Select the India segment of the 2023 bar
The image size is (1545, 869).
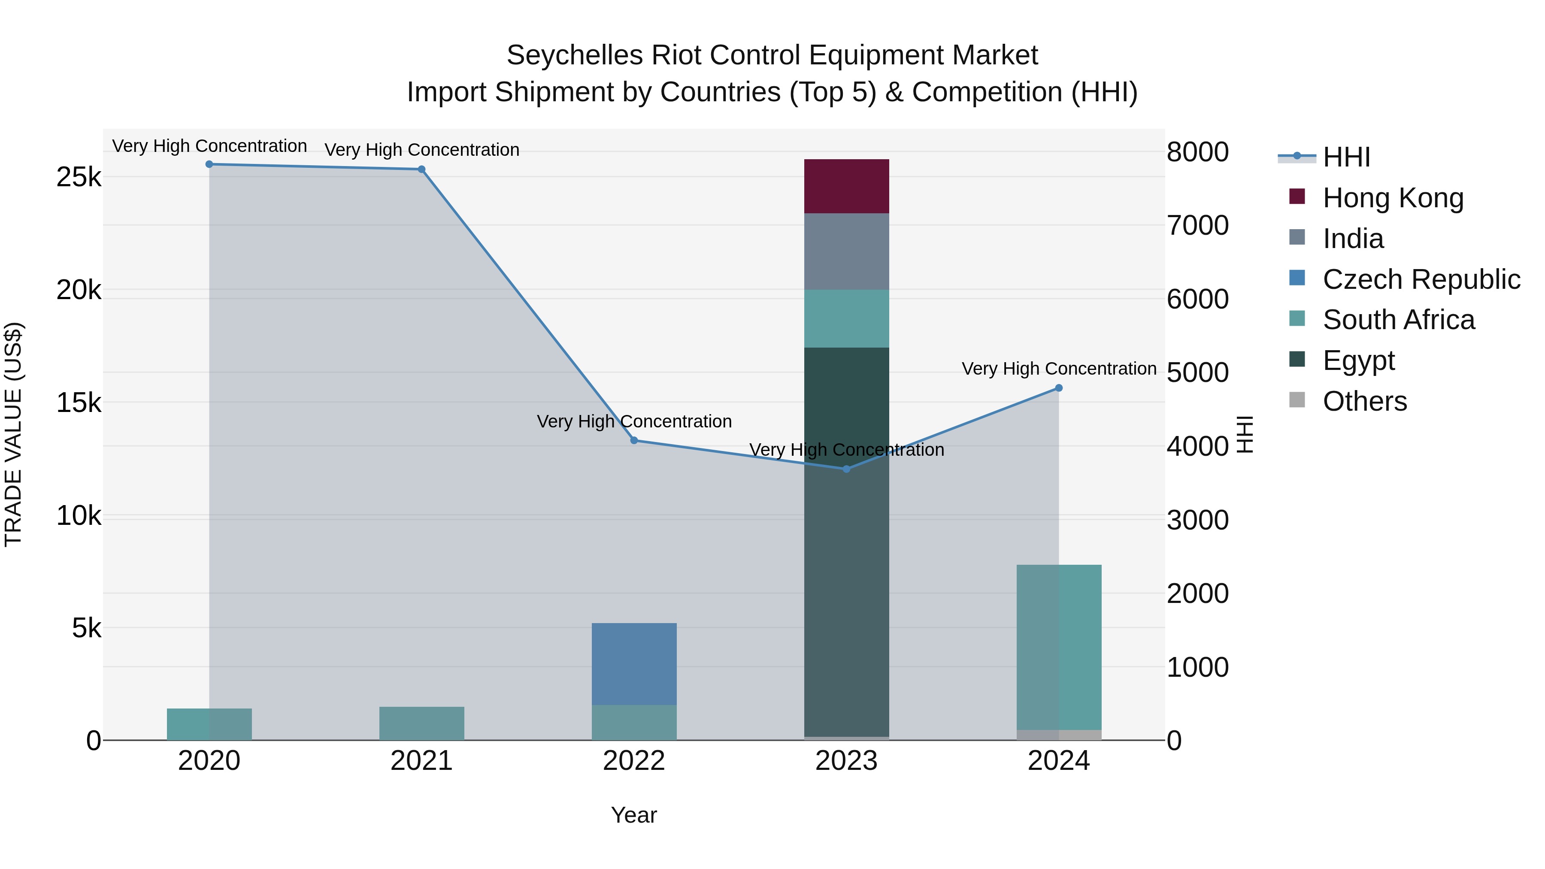click(846, 251)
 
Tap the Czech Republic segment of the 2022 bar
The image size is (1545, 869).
click(634, 664)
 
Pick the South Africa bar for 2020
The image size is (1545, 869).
click(209, 724)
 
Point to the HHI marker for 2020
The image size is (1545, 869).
click(209, 164)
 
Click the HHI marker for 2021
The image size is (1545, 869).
click(421, 170)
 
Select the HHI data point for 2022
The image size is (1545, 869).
click(634, 441)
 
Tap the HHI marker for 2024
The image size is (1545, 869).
click(1059, 388)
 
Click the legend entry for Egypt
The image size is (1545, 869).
click(1358, 360)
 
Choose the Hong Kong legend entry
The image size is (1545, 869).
click(1393, 198)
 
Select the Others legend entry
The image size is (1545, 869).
click(1364, 401)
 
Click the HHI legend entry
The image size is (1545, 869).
click(1346, 157)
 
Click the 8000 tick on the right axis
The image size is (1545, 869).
click(1197, 152)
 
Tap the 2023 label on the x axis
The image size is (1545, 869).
click(846, 761)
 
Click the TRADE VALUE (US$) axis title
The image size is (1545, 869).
click(13, 434)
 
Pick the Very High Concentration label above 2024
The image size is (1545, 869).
click(1059, 369)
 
